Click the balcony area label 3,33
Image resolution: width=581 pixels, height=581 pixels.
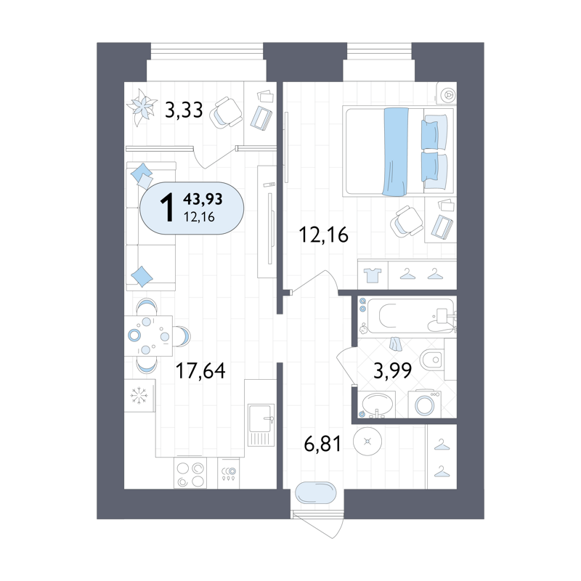pos(184,110)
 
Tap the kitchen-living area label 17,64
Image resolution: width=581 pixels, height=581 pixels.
pos(200,370)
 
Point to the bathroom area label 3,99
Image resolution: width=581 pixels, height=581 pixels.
pos(393,370)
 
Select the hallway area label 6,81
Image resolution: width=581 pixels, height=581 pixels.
pos(322,444)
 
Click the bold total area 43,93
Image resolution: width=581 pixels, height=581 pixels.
pos(203,199)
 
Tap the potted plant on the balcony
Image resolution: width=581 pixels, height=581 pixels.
pos(141,107)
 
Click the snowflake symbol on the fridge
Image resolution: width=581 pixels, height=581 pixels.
pos(139,395)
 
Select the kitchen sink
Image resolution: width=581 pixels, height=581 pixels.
pos(261,425)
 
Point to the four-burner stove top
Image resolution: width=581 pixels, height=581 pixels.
pos(190,474)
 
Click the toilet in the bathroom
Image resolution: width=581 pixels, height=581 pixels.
pos(432,359)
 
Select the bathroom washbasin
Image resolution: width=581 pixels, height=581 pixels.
pos(376,405)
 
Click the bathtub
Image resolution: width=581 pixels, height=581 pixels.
pos(407,316)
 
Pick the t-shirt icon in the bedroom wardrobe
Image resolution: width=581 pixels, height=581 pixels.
pos(372,275)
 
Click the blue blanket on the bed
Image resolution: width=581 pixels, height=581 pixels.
pos(395,151)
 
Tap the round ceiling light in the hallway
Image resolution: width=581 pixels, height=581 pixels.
pos(367,442)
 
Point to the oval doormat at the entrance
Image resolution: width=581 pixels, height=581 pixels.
pos(316,492)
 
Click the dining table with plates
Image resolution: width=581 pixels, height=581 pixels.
pos(148,336)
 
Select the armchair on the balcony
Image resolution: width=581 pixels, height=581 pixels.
pos(226,113)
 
